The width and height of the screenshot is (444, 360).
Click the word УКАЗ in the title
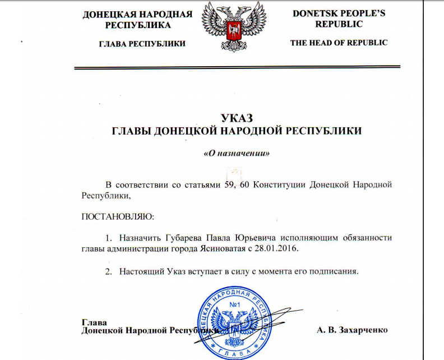tap(237, 118)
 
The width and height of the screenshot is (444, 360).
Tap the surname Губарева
tap(169, 237)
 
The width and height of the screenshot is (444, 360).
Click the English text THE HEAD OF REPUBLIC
tap(339, 43)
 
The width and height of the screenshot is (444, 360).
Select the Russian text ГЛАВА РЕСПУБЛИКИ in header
tap(142, 44)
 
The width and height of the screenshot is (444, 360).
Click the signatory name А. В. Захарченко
tap(352, 330)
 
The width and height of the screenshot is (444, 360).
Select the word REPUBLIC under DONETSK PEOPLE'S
tap(339, 24)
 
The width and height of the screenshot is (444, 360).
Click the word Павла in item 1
tap(206, 237)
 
